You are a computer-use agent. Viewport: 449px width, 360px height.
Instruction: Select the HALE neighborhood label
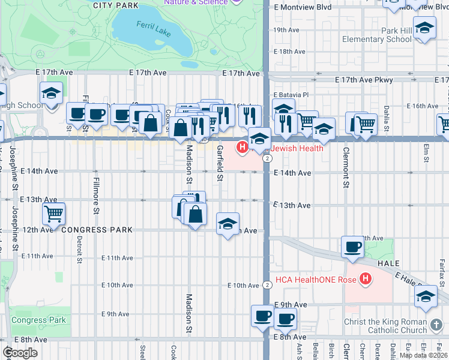coord(388,263)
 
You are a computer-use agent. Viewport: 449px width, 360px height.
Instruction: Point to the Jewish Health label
coord(297,148)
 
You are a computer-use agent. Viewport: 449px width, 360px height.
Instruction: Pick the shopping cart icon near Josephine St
coord(54,213)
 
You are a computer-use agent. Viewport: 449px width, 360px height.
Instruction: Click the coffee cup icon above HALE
coord(352,245)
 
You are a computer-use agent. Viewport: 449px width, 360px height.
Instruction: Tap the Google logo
coord(20,353)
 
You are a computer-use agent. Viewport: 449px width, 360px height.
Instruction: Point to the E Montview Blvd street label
coord(303,7)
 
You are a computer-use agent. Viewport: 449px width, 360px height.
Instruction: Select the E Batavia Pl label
coord(291,95)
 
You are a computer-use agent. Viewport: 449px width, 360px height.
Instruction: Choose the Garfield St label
coord(220,163)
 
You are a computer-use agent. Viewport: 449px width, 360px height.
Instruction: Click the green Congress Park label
coord(38,320)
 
